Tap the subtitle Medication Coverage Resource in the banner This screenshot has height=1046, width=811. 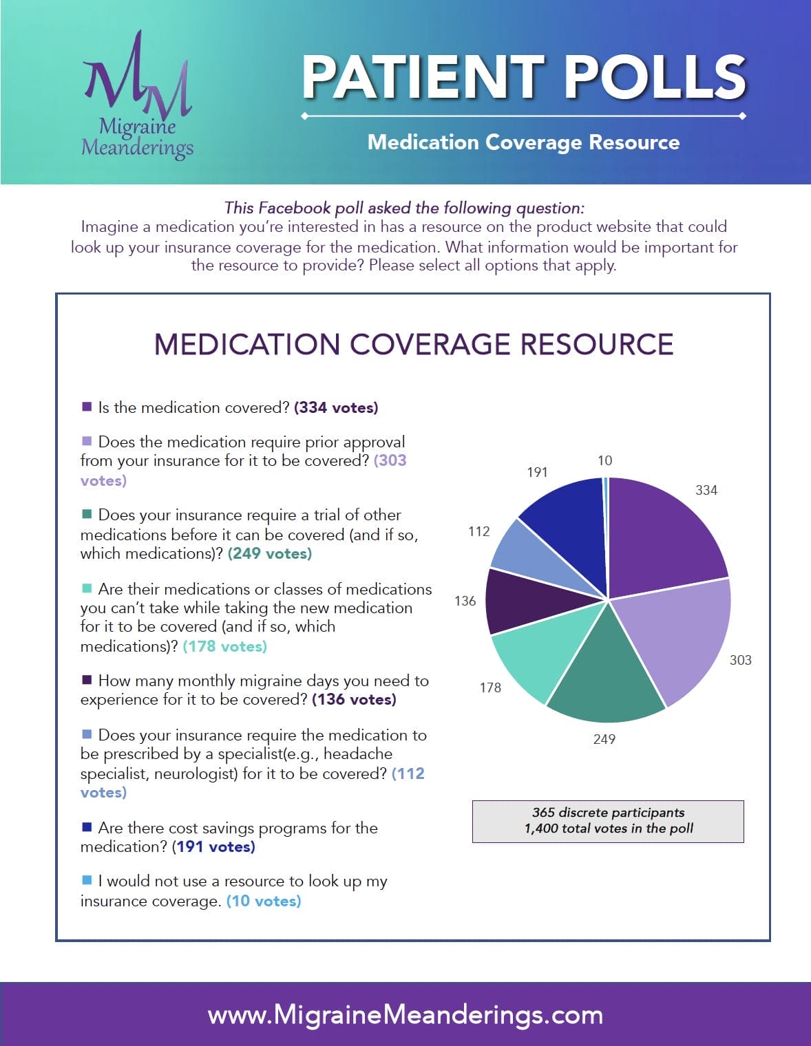coord(523,142)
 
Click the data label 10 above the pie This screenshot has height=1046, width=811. coord(604,460)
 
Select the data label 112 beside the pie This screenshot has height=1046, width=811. coord(478,531)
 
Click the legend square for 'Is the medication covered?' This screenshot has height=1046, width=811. coord(87,407)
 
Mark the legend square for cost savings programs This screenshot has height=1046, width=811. coord(87,826)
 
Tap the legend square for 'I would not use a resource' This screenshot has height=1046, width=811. coord(87,880)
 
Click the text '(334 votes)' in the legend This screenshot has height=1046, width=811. coord(336,407)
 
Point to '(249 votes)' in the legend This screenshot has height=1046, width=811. coord(270,553)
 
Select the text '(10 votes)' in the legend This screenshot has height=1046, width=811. coord(264,901)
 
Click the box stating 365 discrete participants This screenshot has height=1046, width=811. coord(608,821)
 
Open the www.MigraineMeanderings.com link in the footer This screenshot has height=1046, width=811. coord(405,1014)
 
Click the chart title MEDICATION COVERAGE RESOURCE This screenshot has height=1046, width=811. coord(413,344)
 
